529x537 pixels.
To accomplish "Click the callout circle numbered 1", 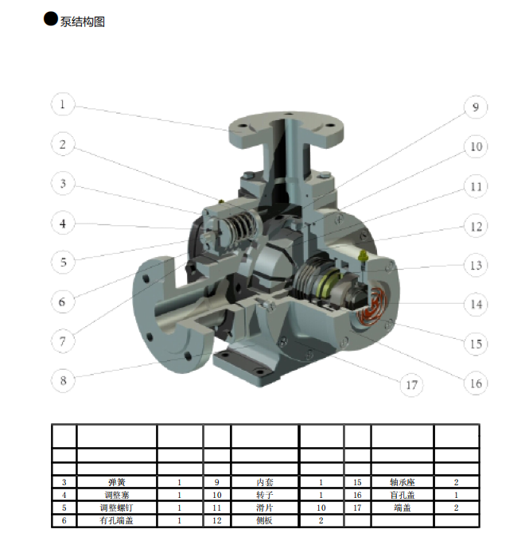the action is click(x=63, y=104).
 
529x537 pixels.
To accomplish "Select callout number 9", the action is click(x=476, y=107).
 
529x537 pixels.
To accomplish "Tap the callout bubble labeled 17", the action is click(x=411, y=385).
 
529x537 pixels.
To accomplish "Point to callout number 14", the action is click(x=476, y=304).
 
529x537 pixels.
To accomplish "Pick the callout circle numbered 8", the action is click(x=63, y=380).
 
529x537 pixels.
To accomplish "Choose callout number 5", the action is click(x=63, y=263).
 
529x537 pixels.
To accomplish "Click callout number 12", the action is click(x=476, y=226).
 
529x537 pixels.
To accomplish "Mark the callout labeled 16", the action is click(x=476, y=383).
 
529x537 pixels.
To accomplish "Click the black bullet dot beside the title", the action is click(x=50, y=19).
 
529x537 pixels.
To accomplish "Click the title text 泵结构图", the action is click(x=83, y=21).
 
